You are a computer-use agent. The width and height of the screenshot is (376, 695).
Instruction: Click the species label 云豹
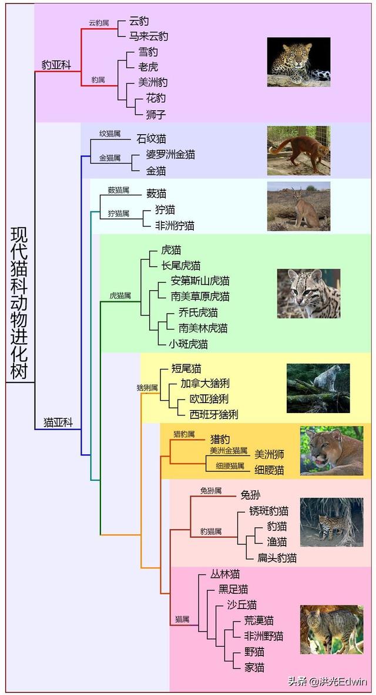click(x=139, y=21)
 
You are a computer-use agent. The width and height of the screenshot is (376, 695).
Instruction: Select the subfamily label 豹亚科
click(x=56, y=65)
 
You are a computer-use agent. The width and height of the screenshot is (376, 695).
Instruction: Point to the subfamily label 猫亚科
click(x=58, y=422)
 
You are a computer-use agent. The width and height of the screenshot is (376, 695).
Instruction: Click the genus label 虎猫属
click(x=120, y=295)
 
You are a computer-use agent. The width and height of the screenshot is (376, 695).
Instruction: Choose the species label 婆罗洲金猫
click(x=170, y=155)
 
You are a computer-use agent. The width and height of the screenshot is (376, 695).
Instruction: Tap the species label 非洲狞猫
click(x=174, y=225)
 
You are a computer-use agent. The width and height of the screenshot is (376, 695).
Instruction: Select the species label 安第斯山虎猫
click(x=200, y=281)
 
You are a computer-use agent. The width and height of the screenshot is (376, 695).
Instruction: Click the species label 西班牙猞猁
click(x=214, y=414)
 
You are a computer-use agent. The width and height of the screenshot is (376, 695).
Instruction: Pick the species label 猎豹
click(x=220, y=439)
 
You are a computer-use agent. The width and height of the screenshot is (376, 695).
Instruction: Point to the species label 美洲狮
click(x=270, y=454)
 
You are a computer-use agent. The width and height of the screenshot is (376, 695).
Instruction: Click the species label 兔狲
click(x=250, y=495)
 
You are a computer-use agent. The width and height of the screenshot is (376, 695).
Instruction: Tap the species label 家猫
click(x=254, y=667)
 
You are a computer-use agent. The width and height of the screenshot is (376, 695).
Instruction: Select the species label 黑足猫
click(x=233, y=589)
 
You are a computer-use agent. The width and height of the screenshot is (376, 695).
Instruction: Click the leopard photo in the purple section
click(x=298, y=62)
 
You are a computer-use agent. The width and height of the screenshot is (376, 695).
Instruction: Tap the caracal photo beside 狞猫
click(x=298, y=206)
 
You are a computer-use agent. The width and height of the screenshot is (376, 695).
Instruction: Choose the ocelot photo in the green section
click(x=308, y=294)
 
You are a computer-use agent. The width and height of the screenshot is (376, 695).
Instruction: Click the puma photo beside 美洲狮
click(x=331, y=451)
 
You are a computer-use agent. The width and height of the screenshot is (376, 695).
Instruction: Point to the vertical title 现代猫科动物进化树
click(x=19, y=303)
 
